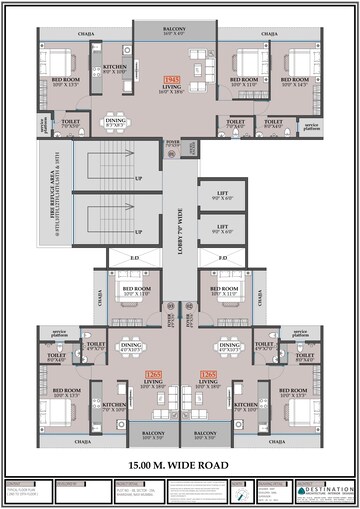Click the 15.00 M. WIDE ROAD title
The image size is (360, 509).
point(180,465)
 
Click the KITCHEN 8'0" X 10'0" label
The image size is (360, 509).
point(115,70)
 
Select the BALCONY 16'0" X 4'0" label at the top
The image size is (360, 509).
point(181,31)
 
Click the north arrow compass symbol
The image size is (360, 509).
point(241,490)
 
